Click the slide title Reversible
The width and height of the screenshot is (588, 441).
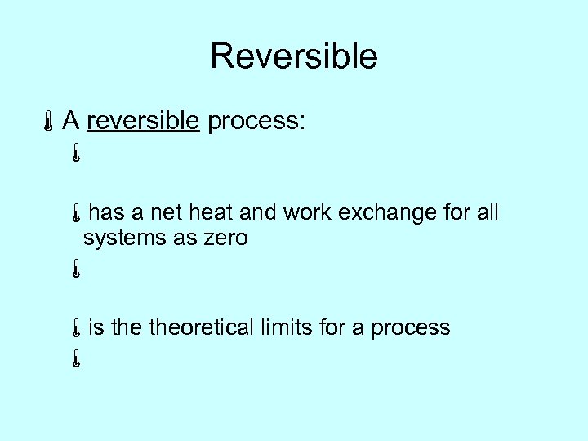tap(293, 56)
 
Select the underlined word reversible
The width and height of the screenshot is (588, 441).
tap(143, 122)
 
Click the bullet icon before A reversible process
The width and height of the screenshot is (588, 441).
tap(50, 123)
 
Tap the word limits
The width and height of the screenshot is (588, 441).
tap(289, 327)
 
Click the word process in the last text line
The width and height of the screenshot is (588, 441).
tap(410, 328)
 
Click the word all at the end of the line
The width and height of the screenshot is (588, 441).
tap(487, 213)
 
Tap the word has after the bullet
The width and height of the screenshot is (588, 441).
tap(105, 213)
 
